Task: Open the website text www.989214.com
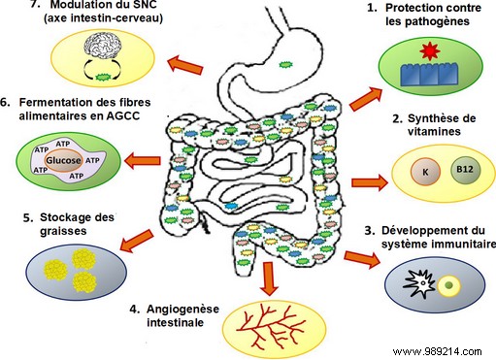pos(446,347)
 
